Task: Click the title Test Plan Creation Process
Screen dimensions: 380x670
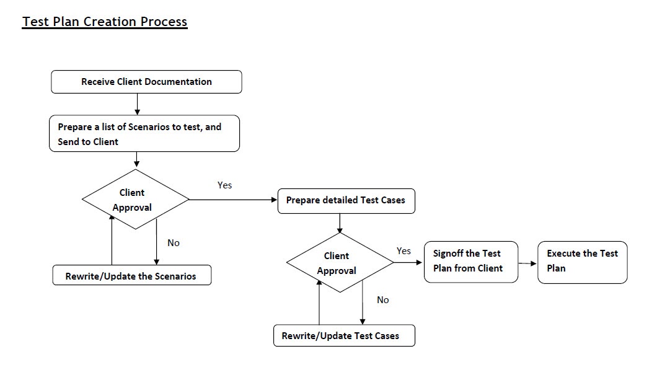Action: tap(105, 22)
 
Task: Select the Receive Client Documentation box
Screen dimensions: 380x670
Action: tap(146, 82)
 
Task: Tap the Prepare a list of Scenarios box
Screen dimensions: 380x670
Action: tap(144, 134)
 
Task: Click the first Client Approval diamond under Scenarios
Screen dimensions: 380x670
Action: tap(134, 200)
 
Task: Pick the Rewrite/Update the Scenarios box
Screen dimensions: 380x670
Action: tap(131, 276)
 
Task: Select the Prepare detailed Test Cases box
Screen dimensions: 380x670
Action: tap(346, 201)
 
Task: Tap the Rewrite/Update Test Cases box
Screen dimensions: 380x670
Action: tap(344, 336)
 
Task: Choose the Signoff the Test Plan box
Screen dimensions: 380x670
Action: tap(470, 262)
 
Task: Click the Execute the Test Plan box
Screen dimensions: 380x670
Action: tap(582, 262)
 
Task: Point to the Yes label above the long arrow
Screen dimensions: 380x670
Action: tap(224, 185)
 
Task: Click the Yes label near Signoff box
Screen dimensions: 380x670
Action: tap(403, 251)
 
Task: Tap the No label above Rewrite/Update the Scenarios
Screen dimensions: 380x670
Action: tap(174, 243)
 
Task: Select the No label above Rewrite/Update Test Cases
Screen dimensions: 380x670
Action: tap(383, 300)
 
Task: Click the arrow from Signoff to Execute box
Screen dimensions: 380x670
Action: tap(527, 263)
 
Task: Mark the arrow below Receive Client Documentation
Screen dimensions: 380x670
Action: tap(137, 104)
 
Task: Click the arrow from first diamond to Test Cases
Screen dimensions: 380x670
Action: tap(232, 200)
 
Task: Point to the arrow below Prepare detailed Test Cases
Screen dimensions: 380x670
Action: tap(340, 223)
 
